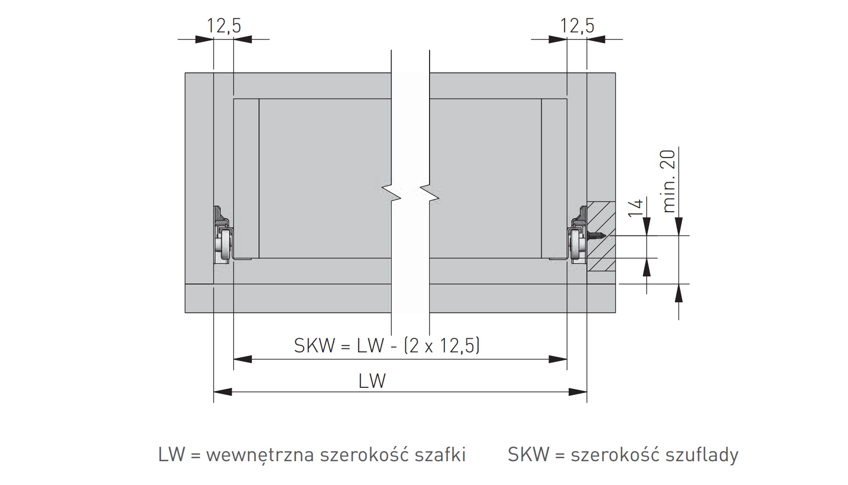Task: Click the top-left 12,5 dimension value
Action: pyautogui.click(x=223, y=25)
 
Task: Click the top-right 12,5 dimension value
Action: pyautogui.click(x=577, y=25)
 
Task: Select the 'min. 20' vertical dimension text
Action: pyautogui.click(x=669, y=181)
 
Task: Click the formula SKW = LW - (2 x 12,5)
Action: pyautogui.click(x=387, y=346)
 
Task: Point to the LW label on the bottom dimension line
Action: pyautogui.click(x=372, y=380)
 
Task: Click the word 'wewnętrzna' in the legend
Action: pyautogui.click(x=260, y=455)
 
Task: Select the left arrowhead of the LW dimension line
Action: pyautogui.click(x=223, y=391)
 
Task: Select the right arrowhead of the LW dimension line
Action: pyautogui.click(x=578, y=391)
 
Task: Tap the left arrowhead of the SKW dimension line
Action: pyautogui.click(x=242, y=359)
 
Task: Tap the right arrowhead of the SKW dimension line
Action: pyautogui.click(x=558, y=359)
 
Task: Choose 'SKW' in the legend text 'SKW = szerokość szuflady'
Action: pyautogui.click(x=528, y=455)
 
